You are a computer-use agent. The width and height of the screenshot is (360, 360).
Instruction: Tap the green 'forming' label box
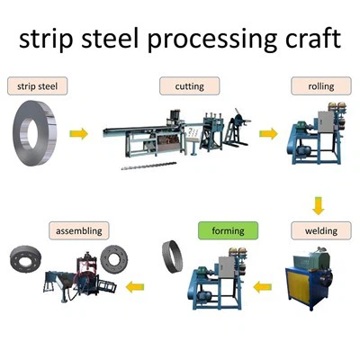pyautogui.click(x=228, y=231)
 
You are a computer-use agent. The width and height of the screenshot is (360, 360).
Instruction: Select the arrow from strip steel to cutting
pyautogui.click(x=79, y=134)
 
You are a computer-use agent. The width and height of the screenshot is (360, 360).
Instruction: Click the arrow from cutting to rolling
pyautogui.click(x=267, y=134)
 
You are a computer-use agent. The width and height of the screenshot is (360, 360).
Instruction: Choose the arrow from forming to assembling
pyautogui.click(x=136, y=287)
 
